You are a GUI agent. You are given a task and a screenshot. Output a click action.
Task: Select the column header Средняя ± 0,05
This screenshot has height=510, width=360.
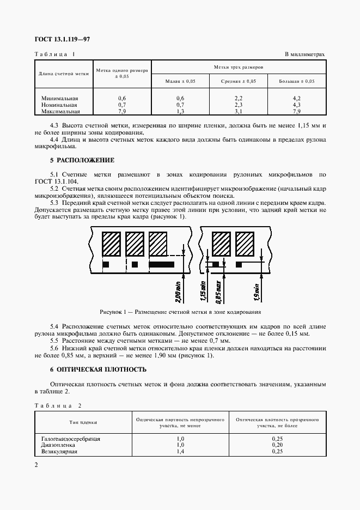coord(238,81)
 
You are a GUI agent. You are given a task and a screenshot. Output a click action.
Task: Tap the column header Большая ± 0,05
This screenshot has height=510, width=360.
coord(297,81)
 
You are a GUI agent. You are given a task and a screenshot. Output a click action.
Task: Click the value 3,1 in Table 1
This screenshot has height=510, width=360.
coord(238,111)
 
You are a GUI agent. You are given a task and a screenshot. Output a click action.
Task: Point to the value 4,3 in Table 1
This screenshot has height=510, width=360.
coord(297,105)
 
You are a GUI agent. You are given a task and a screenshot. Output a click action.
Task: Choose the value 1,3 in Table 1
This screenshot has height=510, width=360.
coord(180,111)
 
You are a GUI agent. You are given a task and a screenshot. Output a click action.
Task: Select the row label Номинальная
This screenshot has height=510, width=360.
coord(59,105)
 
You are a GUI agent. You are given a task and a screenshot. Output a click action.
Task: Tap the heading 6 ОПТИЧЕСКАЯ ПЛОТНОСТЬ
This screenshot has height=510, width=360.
coord(99,369)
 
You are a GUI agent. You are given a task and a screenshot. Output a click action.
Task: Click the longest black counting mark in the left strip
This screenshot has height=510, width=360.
coord(162,264)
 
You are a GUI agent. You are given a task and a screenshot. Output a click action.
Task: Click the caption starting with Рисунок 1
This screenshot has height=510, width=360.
coord(180,312)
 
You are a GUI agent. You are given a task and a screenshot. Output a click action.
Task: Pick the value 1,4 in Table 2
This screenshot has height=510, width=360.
coord(180,451)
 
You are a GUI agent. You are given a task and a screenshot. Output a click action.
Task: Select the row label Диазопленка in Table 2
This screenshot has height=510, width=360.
coord(57,445)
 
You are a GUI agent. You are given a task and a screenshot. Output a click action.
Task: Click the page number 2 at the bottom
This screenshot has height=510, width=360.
coord(36,465)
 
